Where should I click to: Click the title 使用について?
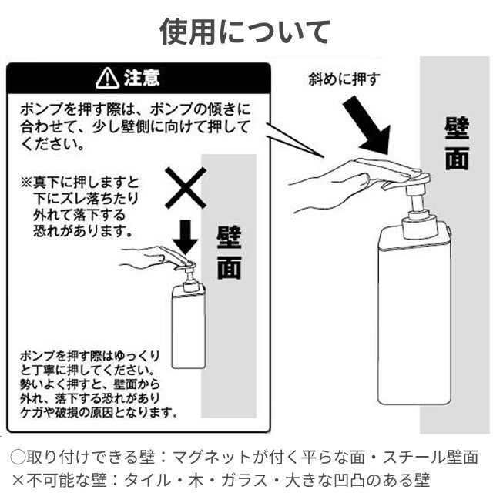pos(245,32)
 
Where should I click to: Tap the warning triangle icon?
pos(108,78)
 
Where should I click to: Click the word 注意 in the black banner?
pos(142,78)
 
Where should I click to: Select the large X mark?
pos(186,188)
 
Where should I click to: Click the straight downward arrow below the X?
pos(186,237)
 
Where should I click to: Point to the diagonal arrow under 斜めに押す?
pos(368,125)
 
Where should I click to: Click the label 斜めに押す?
pos(344,79)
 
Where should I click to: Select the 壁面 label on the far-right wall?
pos(457,143)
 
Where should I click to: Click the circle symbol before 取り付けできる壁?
pos(18,457)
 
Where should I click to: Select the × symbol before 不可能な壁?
pos(18,480)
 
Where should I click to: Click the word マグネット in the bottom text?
pos(212,457)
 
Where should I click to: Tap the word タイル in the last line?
pos(147,480)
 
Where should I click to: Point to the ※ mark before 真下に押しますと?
pos(26,182)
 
